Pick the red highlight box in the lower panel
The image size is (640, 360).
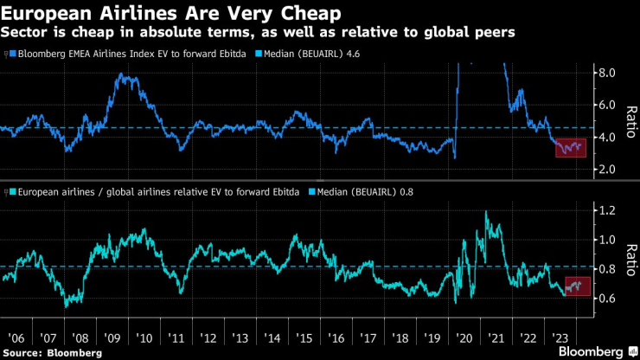pos(577,286)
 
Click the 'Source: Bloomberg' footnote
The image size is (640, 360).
pos(51,352)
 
